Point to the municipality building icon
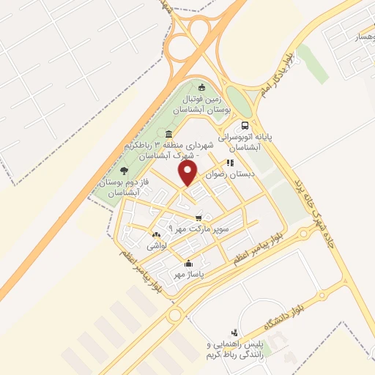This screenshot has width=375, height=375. [x=169, y=134]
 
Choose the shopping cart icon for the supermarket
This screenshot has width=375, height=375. [x=198, y=218]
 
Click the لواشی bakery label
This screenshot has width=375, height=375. [x=157, y=246]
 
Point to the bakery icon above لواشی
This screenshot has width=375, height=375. [x=155, y=235]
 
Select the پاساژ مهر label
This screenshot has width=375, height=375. [x=187, y=273]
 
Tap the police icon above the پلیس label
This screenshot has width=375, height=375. [x=234, y=333]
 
